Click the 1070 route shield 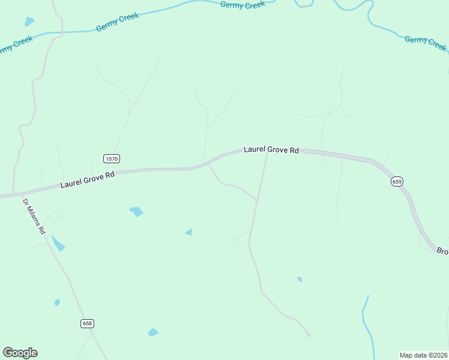[x=112, y=158]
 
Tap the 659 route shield [x=397, y=181]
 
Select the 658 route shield [x=87, y=323]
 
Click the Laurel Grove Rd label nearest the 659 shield [x=271, y=149]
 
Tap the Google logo [x=20, y=353]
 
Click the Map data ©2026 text [x=424, y=355]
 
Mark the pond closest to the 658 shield [x=57, y=302]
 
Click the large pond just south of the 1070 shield [x=136, y=211]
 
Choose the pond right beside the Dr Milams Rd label [x=58, y=244]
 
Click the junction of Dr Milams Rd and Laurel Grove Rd [x=13, y=195]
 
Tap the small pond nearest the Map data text [x=300, y=279]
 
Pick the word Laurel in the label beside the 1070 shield [x=70, y=183]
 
